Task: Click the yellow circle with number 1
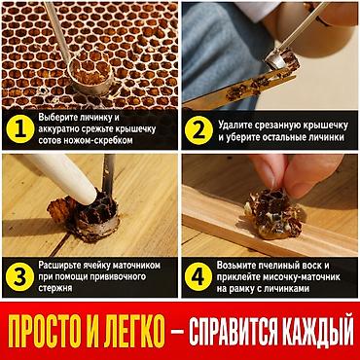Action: (x=20, y=129)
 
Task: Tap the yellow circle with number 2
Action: (x=198, y=130)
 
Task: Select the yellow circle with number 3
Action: (x=19, y=277)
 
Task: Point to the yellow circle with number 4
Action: (x=198, y=277)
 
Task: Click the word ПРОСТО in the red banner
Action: (x=51, y=331)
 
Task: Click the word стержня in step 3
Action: (x=55, y=288)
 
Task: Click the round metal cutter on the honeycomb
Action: (x=90, y=75)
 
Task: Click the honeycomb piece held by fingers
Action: (x=274, y=214)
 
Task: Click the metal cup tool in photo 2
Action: (x=275, y=61)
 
